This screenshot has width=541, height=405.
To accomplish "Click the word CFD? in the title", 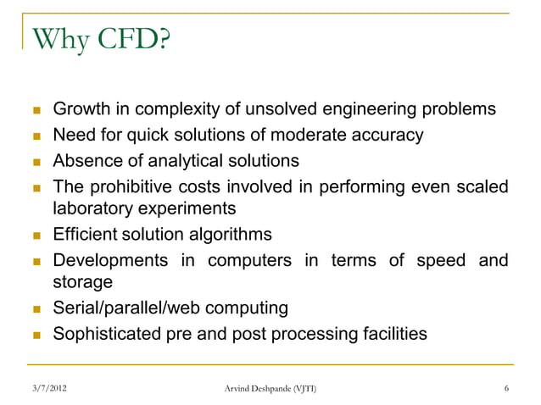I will pos(125,40).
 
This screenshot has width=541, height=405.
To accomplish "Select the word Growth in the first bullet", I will pos(81,111).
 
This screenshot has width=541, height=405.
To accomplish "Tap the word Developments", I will pos(107,259).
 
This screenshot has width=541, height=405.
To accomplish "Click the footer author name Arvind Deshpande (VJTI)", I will pos(270,389).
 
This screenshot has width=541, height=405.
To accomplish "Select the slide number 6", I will pos(506,389).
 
